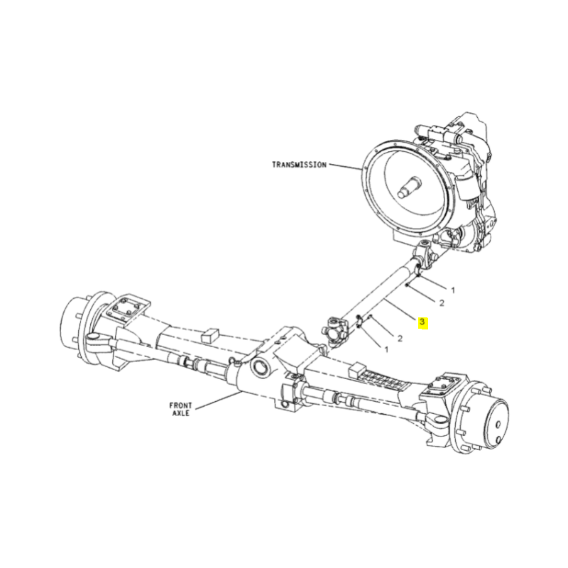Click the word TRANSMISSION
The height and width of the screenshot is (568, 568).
299,165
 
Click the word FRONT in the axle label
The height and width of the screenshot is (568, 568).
180,405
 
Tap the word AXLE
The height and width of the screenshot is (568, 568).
180,413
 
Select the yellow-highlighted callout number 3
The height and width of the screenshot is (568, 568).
422,322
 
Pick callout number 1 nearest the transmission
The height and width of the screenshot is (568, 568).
453,290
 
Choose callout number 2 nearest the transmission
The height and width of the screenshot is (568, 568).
441,303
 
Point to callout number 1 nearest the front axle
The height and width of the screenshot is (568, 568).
386,349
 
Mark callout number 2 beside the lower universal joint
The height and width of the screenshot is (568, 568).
400,338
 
